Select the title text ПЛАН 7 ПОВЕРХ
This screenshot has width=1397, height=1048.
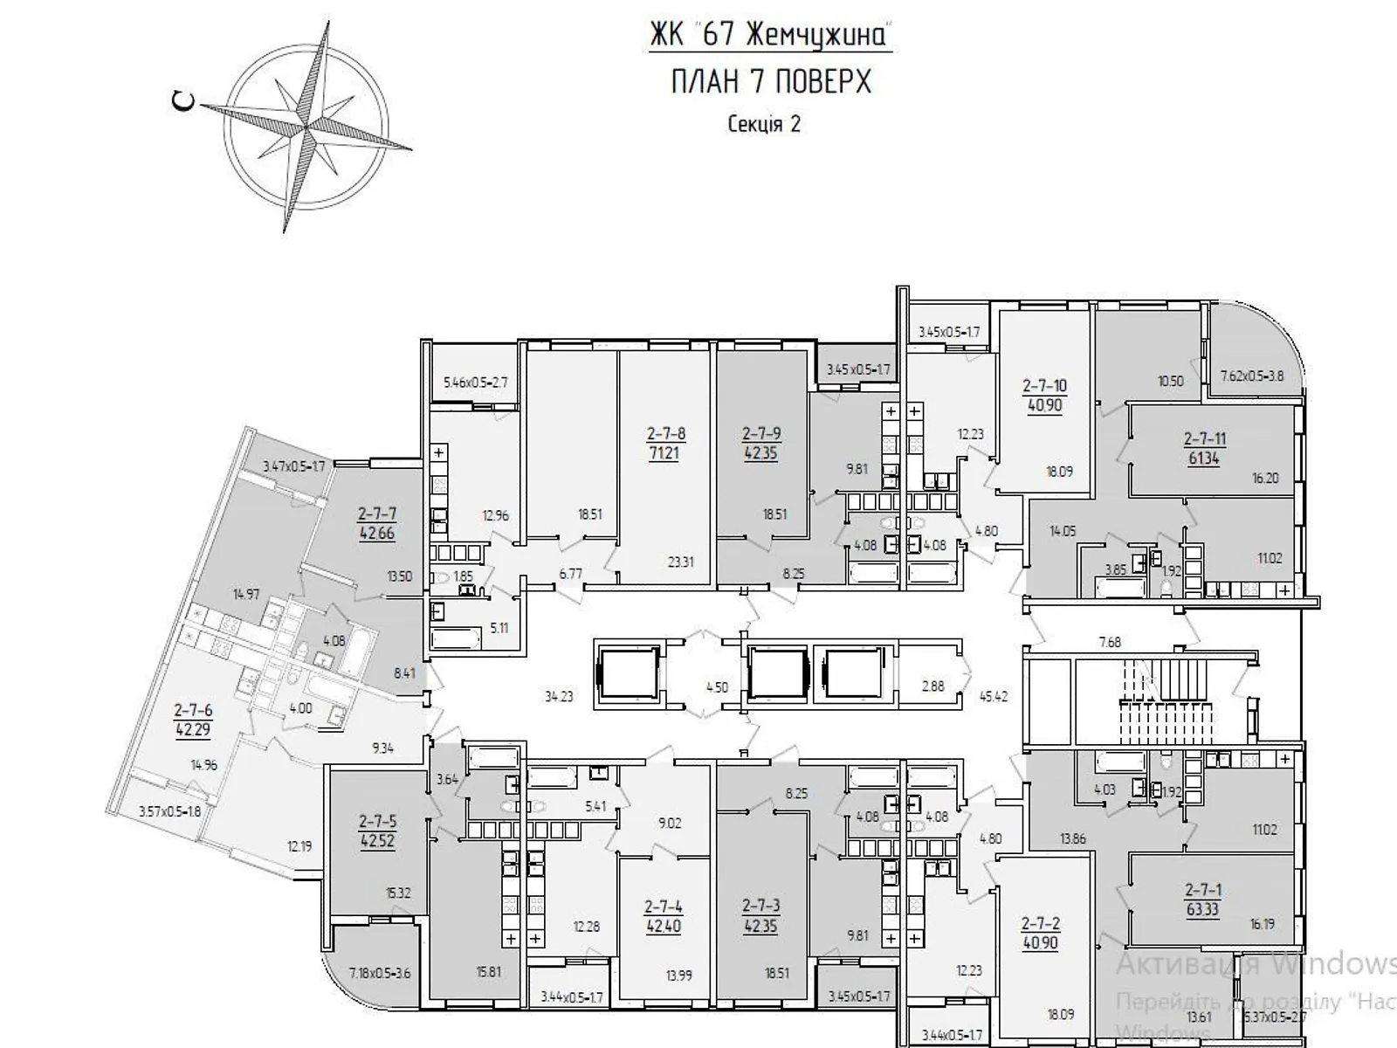coord(771,82)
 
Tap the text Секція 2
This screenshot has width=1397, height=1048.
coord(764,124)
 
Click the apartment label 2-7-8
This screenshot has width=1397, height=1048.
coord(665,433)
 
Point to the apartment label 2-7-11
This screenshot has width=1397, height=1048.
coord(1203,439)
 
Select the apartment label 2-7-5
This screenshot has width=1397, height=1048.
coord(377,822)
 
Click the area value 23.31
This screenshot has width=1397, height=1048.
coord(680,562)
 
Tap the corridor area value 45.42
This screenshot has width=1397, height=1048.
coord(994,696)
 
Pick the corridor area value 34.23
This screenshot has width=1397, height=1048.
coord(559,696)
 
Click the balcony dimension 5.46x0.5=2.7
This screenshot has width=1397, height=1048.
coord(476,382)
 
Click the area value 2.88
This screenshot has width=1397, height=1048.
coord(932,686)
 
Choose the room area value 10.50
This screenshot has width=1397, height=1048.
coord(1170,381)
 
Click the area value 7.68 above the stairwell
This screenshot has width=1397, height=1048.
coord(1109,642)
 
